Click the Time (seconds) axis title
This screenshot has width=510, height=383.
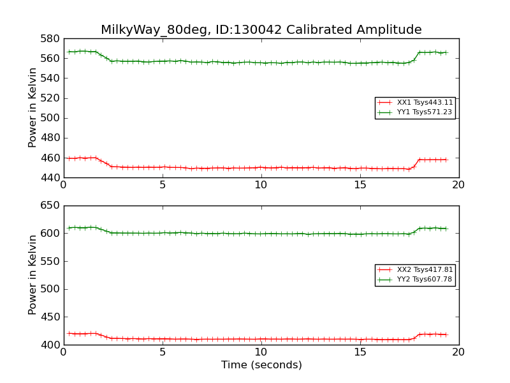[261, 365]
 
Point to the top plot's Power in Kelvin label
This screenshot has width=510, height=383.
[33, 108]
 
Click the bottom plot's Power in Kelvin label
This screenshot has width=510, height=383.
[33, 274]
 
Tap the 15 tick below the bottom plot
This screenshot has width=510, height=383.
[360, 352]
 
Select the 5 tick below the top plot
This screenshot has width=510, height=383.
[163, 185]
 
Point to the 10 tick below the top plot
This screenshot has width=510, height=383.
[261, 185]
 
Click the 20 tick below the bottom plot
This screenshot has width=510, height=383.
[458, 352]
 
